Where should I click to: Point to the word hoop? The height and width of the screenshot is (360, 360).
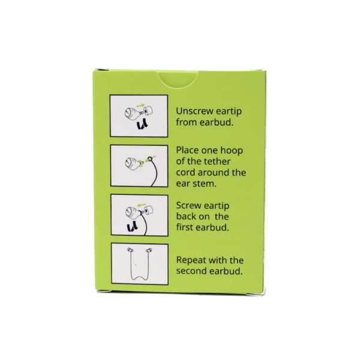232,151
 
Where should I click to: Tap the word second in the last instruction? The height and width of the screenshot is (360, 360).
192,271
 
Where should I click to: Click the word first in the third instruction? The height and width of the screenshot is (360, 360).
185,227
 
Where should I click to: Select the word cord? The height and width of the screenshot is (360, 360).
186,172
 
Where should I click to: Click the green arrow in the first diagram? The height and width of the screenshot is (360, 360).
140,106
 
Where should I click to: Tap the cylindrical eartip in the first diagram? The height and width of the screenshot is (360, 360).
148,111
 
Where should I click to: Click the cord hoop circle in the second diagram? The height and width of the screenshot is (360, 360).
150,159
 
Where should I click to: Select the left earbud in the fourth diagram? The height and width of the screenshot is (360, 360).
130,250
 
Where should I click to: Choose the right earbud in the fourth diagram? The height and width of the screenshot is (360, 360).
149,250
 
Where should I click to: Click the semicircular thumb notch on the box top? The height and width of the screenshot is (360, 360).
178,79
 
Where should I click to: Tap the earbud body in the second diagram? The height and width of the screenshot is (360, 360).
134,163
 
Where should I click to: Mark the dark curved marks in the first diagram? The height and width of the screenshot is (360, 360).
143,125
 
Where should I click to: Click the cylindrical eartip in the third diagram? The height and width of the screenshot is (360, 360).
149,210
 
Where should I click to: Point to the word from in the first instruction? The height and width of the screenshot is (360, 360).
187,122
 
